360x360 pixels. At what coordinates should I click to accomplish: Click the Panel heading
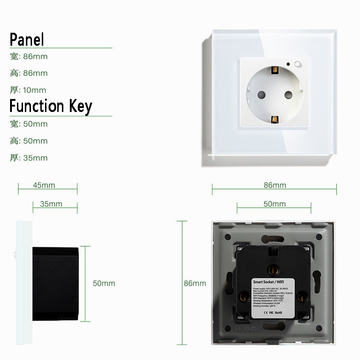coord(27,39)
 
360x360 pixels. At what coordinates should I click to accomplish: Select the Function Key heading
coord(51,107)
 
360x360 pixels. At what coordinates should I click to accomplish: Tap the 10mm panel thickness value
coord(35,90)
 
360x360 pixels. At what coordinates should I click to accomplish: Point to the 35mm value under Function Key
coord(35,158)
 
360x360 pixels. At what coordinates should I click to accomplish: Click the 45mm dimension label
coord(44,185)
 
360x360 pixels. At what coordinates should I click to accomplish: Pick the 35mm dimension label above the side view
coord(51,204)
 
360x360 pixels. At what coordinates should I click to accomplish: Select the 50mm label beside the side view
coord(104,283)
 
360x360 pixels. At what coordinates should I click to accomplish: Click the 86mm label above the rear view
coord(275,185)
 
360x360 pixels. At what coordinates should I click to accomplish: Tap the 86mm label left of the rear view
coord(195,283)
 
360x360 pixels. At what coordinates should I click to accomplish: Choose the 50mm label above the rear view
coord(274,204)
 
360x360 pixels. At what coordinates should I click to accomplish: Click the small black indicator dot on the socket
coord(288,65)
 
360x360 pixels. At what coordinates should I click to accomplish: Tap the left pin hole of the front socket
coord(260,95)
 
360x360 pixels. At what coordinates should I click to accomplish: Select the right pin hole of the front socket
coord(288,95)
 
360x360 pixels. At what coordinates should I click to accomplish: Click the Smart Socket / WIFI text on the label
coord(268,283)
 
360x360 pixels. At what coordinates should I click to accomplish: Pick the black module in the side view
coord(56,284)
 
